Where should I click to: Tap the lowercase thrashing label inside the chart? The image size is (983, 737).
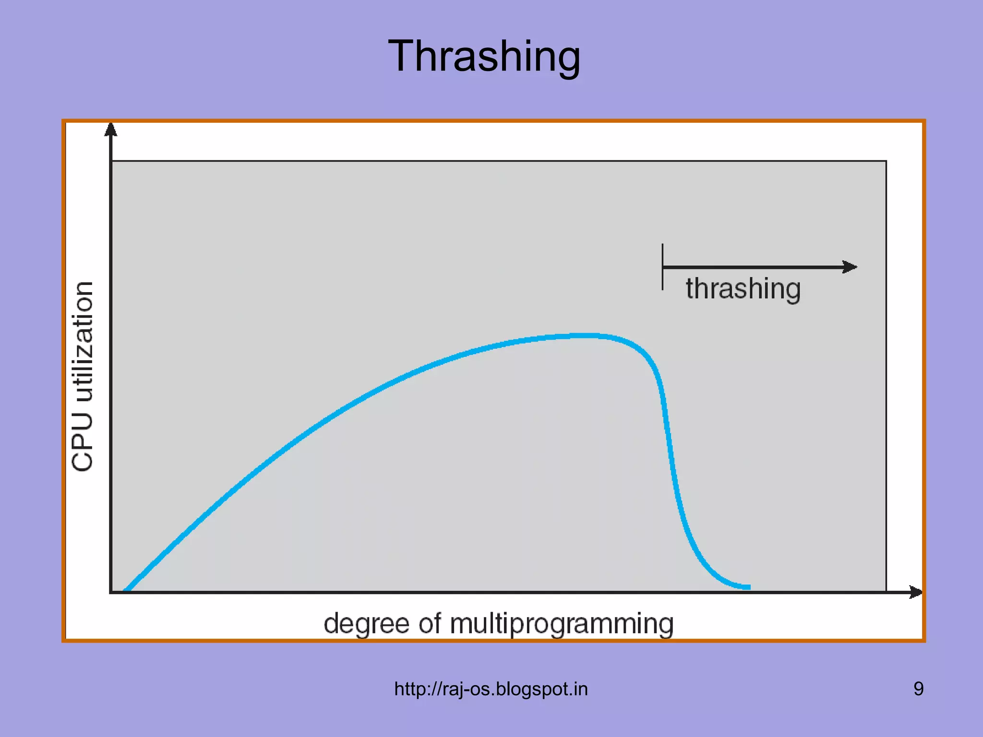pyautogui.click(x=743, y=289)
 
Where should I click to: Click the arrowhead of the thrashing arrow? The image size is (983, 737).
pyautogui.click(x=851, y=267)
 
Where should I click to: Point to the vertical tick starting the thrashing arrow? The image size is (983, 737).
pyautogui.click(x=662, y=267)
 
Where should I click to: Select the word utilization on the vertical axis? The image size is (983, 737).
pyautogui.click(x=83, y=342)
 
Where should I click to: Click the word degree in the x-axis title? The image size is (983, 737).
pyautogui.click(x=367, y=624)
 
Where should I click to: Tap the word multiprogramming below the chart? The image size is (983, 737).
pyautogui.click(x=562, y=624)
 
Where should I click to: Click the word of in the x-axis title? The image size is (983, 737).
pyautogui.click(x=430, y=624)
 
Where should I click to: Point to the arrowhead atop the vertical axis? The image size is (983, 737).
pyautogui.click(x=111, y=129)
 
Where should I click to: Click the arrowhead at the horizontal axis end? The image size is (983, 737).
pyautogui.click(x=916, y=592)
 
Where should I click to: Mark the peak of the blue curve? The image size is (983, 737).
pyautogui.click(x=583, y=335)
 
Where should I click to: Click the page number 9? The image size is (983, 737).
pyautogui.click(x=918, y=689)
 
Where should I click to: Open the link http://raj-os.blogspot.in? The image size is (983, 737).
pyautogui.click(x=491, y=689)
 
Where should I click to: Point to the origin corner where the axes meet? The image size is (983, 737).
pyautogui.click(x=111, y=592)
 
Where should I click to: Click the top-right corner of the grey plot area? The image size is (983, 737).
pyautogui.click(x=886, y=161)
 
